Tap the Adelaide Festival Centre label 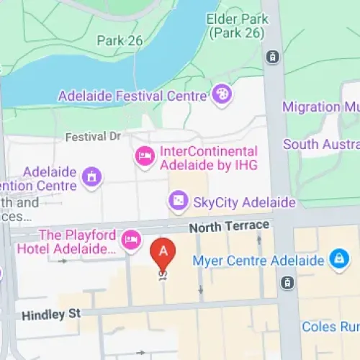tap(133, 94)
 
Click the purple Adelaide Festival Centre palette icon tap(222, 93)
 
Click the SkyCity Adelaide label tap(244, 202)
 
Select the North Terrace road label tap(229, 227)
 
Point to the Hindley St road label tap(53, 315)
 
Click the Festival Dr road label tap(94, 136)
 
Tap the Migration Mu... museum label tap(321, 107)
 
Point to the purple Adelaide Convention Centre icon tap(91, 175)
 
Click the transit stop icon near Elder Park tap(273, 55)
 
